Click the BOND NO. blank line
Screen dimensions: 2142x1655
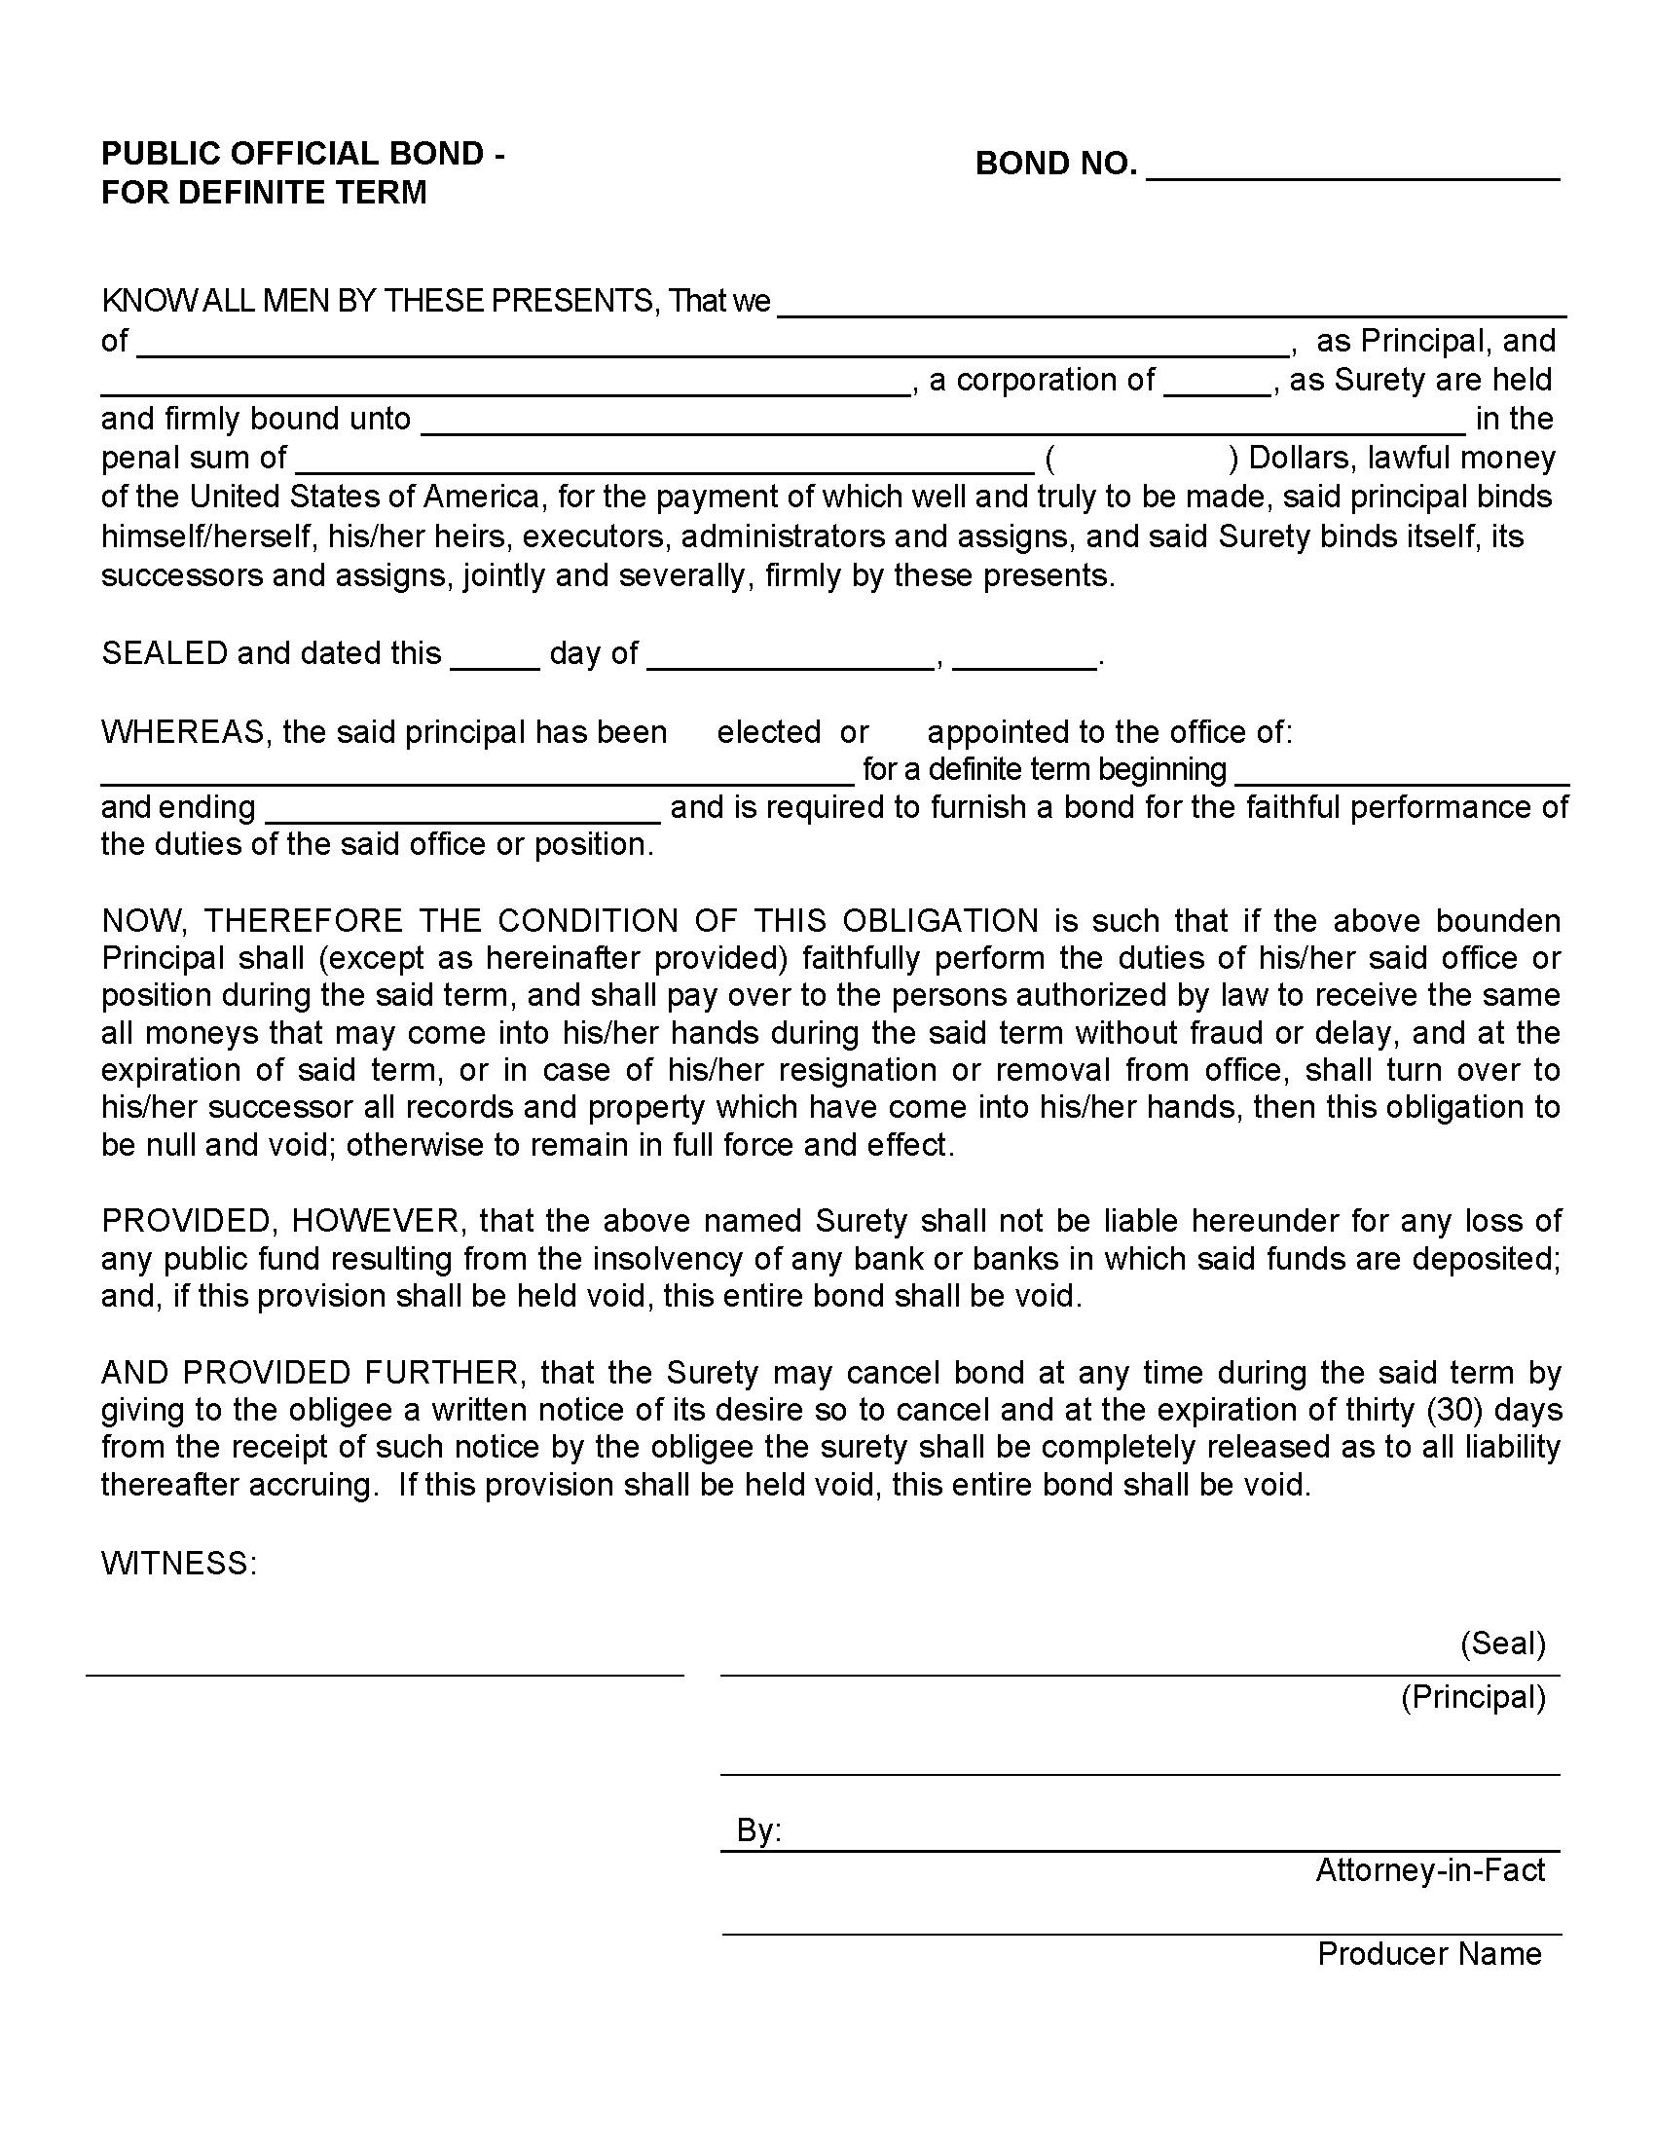(x=1352, y=168)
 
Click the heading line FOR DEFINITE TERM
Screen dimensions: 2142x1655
(x=264, y=192)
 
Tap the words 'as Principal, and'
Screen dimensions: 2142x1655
(x=1435, y=342)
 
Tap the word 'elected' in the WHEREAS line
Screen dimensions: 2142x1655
(x=769, y=731)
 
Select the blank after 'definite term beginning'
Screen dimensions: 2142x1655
(x=1401, y=775)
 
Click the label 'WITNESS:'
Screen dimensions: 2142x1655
(x=178, y=1564)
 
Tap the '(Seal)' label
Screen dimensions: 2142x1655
(x=1502, y=1643)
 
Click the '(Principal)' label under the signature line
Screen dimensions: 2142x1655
(x=1473, y=1697)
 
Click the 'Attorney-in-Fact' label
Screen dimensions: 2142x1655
(x=1429, y=1870)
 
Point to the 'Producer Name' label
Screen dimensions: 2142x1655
(x=1428, y=1954)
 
